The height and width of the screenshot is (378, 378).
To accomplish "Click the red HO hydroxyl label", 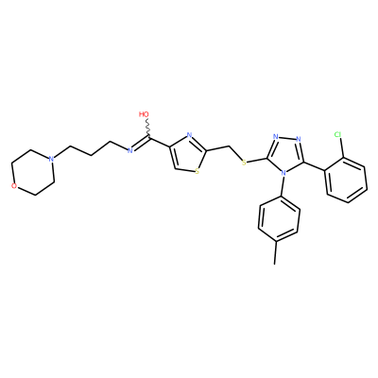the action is click(x=144, y=114).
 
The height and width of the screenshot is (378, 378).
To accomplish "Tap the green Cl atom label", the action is click(x=337, y=135).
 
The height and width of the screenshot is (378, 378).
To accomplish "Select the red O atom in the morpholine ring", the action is click(x=14, y=186).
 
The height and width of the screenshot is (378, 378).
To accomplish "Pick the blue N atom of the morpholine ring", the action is click(x=51, y=159).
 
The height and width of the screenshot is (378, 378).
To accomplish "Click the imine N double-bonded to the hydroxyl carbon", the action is click(x=129, y=150).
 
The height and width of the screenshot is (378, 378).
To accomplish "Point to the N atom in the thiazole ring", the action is click(x=189, y=136).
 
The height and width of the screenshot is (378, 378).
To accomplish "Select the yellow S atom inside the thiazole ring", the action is click(x=198, y=172).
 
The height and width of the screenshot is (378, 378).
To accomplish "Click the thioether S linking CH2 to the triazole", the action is click(x=244, y=163).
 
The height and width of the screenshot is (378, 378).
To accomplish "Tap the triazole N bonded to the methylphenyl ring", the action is click(x=283, y=173).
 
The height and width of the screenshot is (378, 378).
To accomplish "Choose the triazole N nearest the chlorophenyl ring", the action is click(x=299, y=139).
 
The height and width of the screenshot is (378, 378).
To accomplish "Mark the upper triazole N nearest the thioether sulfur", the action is click(x=276, y=137).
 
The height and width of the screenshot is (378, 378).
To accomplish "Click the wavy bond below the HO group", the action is click(x=147, y=129).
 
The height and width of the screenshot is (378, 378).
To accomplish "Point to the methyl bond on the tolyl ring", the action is click(x=276, y=253).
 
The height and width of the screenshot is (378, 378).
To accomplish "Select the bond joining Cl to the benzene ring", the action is click(x=342, y=148).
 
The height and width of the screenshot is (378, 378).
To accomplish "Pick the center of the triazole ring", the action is click(x=285, y=153).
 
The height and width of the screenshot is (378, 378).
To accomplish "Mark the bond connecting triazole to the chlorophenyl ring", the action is click(x=314, y=166).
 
